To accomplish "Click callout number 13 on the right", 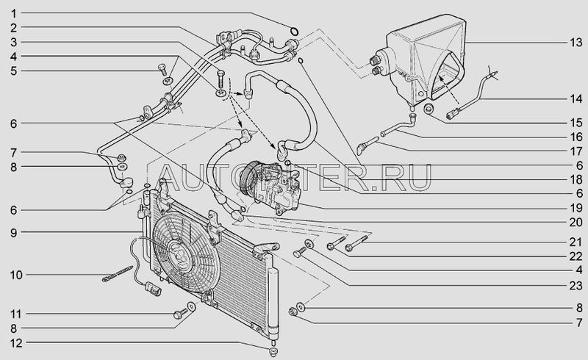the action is coord(576,43).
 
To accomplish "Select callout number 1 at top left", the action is coord(14,14).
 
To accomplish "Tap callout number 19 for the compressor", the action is coord(576,208).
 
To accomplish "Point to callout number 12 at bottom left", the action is coord(16,343).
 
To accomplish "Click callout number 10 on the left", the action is coord(16,275).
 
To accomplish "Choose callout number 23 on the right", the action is coord(576,285).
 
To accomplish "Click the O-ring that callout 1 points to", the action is coord(295,30).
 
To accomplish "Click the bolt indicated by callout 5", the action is coord(162,68).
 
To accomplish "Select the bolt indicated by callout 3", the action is coord(220,79).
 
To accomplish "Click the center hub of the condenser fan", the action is coord(178,251).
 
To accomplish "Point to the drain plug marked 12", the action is coord(273,351).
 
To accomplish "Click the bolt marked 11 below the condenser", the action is coord(179,314).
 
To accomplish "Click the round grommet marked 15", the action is coord(429,109).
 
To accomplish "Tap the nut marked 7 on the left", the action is coord(121,157).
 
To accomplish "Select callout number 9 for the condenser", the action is coord(14,233).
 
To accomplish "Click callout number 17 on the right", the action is coord(576,151).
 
